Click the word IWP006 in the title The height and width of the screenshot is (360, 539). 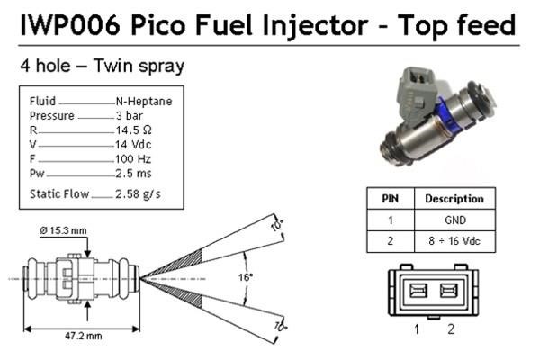(x=71, y=25)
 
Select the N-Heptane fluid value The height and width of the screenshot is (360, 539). (x=144, y=102)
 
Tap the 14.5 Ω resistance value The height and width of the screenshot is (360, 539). (x=133, y=130)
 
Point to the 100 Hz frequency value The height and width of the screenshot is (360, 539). (x=133, y=159)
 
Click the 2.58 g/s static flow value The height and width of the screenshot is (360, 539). (x=138, y=194)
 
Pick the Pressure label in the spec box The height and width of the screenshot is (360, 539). (x=52, y=116)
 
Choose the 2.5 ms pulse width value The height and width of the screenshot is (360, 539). (x=133, y=174)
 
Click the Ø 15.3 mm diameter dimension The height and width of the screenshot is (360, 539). (x=63, y=230)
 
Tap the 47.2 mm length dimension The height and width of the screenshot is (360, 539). (x=84, y=336)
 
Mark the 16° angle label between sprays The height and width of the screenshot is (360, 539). (x=246, y=277)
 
